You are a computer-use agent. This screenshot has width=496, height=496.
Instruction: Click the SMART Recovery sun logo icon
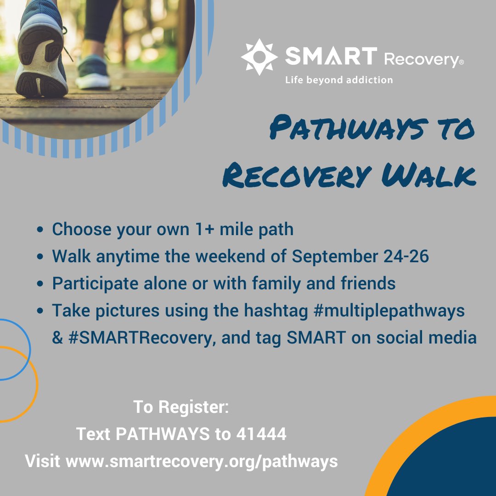point(259,57)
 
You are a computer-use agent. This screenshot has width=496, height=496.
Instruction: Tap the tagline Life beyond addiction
point(339,80)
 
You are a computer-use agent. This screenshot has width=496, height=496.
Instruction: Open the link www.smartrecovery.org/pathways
point(202,461)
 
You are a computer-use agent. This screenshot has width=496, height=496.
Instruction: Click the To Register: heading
point(181,406)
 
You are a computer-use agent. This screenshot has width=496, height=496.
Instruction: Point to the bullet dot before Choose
point(42,229)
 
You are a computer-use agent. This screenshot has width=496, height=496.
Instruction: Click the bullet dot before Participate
point(42,284)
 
